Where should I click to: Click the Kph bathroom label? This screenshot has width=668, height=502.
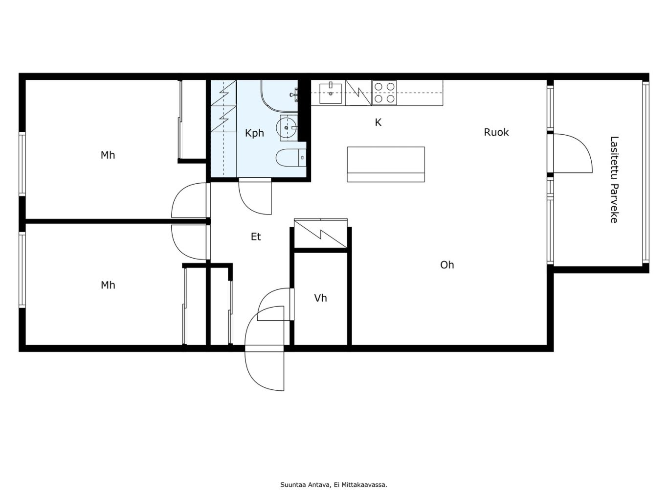click(x=254, y=133)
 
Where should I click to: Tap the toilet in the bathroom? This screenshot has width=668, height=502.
click(x=291, y=158)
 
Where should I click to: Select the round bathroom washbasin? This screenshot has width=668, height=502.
click(x=286, y=128)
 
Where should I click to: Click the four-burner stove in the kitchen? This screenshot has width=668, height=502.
click(x=384, y=93)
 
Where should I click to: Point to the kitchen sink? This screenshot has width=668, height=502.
click(x=331, y=93)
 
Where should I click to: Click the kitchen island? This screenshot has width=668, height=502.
click(x=386, y=164)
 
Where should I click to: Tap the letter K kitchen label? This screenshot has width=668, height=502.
click(x=378, y=122)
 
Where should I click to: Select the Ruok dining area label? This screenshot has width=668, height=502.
click(x=496, y=132)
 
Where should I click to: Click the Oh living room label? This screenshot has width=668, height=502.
click(x=447, y=265)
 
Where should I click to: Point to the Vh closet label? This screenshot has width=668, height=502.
click(x=320, y=298)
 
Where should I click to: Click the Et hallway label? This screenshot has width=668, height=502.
click(x=256, y=237)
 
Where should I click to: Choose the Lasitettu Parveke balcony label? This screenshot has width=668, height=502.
click(x=614, y=180)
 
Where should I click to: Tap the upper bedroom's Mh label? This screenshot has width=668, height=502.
click(x=108, y=155)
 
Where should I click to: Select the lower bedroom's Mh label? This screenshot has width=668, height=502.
click(x=108, y=286)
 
